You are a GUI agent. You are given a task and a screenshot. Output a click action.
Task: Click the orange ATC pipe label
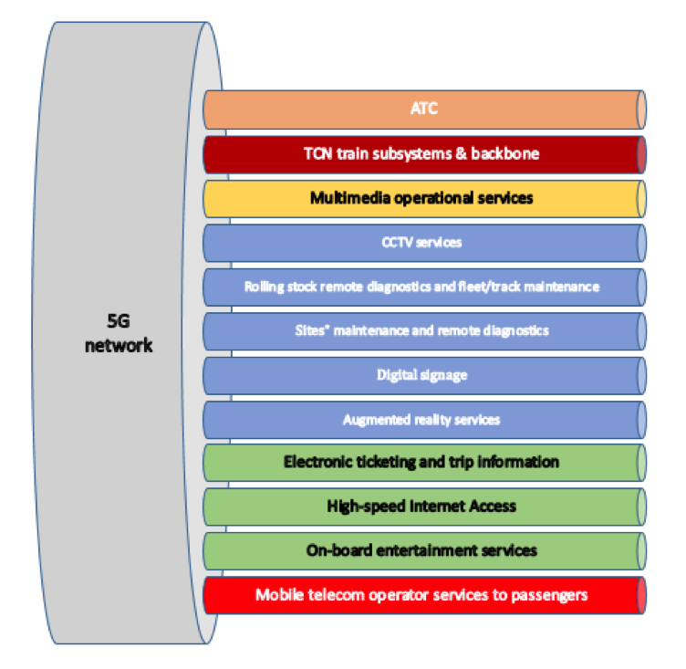423,110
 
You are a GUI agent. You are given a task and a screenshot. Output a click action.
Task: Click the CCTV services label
421,242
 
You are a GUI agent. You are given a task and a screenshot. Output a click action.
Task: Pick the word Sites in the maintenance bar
311,330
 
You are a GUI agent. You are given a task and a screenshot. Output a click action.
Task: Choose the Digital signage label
421,374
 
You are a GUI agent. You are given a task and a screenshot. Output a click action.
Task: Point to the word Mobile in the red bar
277,595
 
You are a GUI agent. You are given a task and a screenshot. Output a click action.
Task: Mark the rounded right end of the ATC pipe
641,110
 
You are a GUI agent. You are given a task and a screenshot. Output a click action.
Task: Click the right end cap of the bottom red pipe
641,595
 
